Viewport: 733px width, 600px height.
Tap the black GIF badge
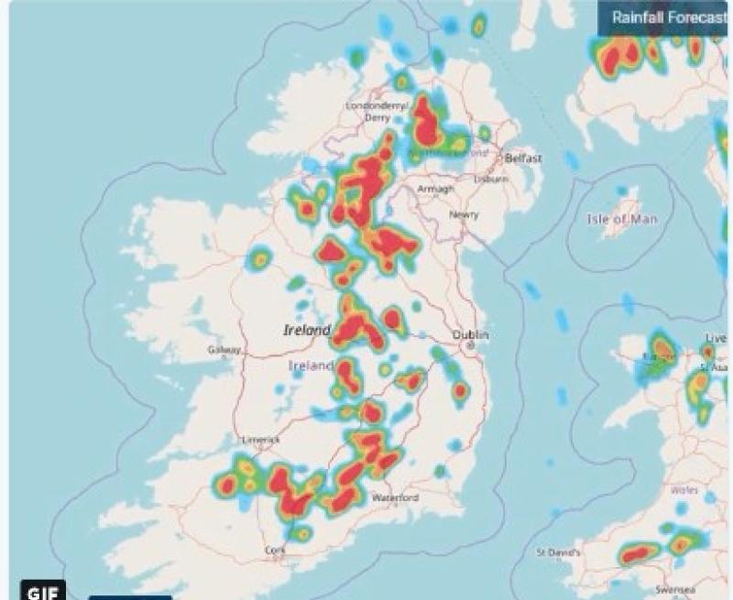[43, 591]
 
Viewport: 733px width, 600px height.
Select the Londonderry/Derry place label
[377, 111]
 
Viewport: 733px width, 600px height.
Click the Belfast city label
[523, 158]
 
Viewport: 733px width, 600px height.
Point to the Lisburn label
[492, 180]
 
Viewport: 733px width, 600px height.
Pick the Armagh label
[435, 189]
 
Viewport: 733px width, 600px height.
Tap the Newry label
[464, 215]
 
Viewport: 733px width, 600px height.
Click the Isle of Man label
[619, 219]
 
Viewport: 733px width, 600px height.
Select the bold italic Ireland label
[306, 330]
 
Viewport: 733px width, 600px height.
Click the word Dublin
[470, 335]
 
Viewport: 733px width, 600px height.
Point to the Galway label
[224, 350]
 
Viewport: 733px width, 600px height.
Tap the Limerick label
[259, 440]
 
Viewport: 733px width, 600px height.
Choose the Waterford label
[395, 497]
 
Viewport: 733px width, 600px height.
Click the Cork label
[275, 550]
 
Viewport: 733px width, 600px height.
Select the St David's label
[557, 552]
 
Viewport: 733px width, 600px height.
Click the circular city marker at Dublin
[470, 347]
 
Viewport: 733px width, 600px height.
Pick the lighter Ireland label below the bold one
[311, 365]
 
